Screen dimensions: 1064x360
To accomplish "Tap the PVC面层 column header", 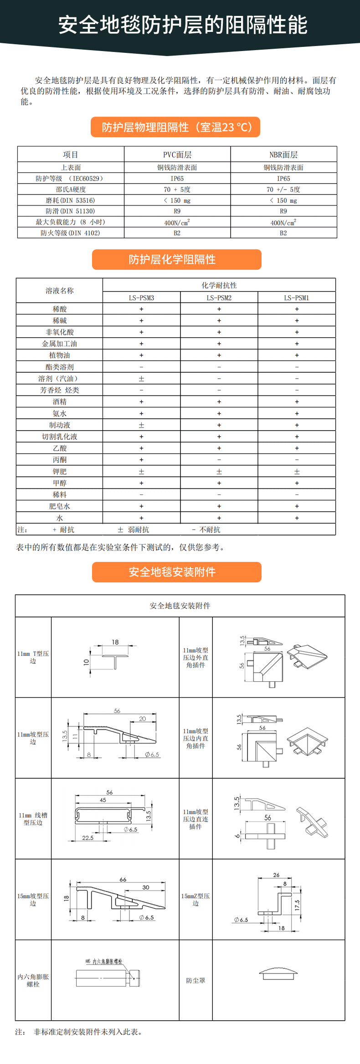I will point(177,154).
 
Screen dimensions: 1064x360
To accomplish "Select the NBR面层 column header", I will point(283,154).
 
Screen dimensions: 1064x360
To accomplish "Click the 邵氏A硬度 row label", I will point(71,190).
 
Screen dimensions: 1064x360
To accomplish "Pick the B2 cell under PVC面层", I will point(177,233).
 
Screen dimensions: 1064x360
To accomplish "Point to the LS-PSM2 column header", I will point(219,298).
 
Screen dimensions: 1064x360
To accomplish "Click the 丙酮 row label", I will point(59,460).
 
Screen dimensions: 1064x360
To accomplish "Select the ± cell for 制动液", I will point(141,425).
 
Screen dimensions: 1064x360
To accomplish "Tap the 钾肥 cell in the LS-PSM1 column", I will point(297,472).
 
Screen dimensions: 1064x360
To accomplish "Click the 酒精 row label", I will point(59,402).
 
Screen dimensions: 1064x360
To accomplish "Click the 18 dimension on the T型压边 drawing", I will point(115,642).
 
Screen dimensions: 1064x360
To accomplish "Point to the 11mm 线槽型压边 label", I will point(33,819).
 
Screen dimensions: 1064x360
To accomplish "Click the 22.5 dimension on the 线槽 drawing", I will point(88,838).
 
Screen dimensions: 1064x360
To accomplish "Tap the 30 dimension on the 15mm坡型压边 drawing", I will point(146,887).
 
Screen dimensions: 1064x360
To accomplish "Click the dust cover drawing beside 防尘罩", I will point(278,973).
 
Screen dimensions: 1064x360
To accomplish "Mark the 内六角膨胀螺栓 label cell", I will point(33,980).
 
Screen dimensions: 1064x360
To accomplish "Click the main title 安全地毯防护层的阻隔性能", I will point(183,25).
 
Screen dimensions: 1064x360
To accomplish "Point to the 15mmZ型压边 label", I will point(195,900).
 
